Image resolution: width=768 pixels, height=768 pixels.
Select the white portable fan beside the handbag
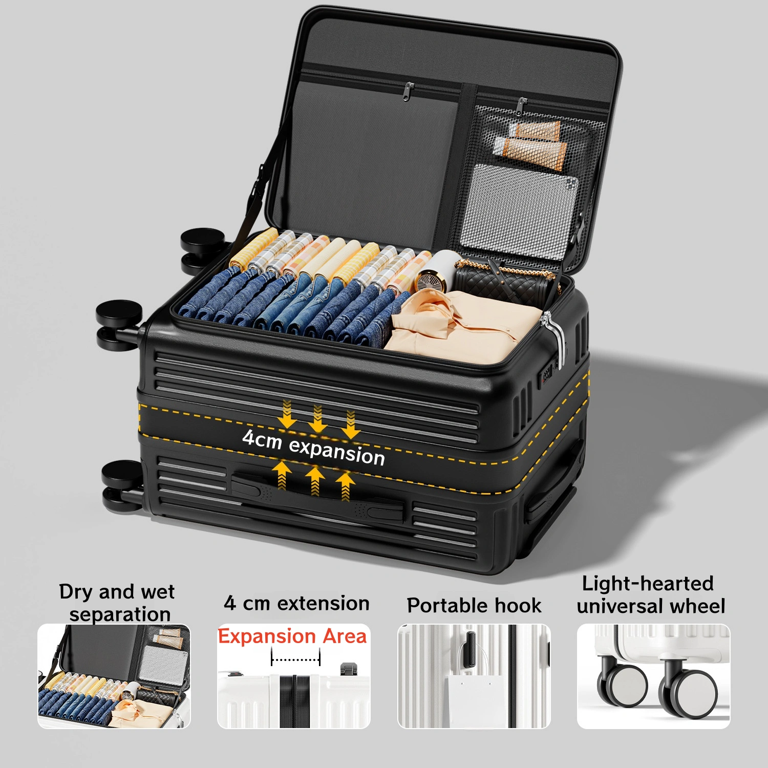click(x=436, y=271)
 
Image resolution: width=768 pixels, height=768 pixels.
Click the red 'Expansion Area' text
click(x=292, y=636)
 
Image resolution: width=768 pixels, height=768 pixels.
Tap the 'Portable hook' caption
click(x=474, y=605)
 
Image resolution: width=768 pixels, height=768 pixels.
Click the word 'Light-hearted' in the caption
click(x=648, y=583)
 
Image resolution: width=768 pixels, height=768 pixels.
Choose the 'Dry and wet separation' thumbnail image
click(x=114, y=676)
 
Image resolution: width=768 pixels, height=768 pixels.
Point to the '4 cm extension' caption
click(x=296, y=603)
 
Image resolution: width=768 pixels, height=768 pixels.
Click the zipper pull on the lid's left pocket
click(x=408, y=91)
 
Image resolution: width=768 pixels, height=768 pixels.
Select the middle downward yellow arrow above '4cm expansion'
click(x=318, y=418)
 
